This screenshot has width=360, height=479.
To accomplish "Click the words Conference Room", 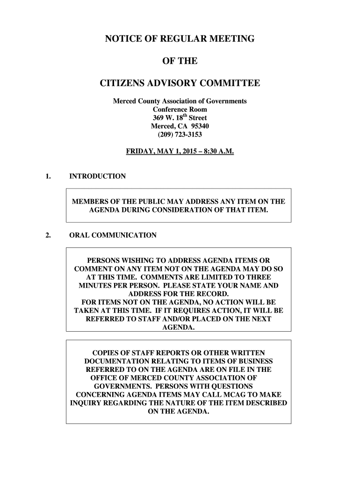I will tap(180, 109).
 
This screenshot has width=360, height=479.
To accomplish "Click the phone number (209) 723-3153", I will tap(180, 135).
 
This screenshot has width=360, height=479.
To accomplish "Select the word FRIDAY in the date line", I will tap(140, 152).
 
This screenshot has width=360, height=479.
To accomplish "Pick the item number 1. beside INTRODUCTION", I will tap(48, 176).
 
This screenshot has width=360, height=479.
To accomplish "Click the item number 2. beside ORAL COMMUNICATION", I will tap(48, 235).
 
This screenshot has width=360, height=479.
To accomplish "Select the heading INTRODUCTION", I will tap(97, 176).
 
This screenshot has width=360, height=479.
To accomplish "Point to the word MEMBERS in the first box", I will tap(90, 202).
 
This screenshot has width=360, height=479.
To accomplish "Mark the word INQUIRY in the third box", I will tap(86, 403).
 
